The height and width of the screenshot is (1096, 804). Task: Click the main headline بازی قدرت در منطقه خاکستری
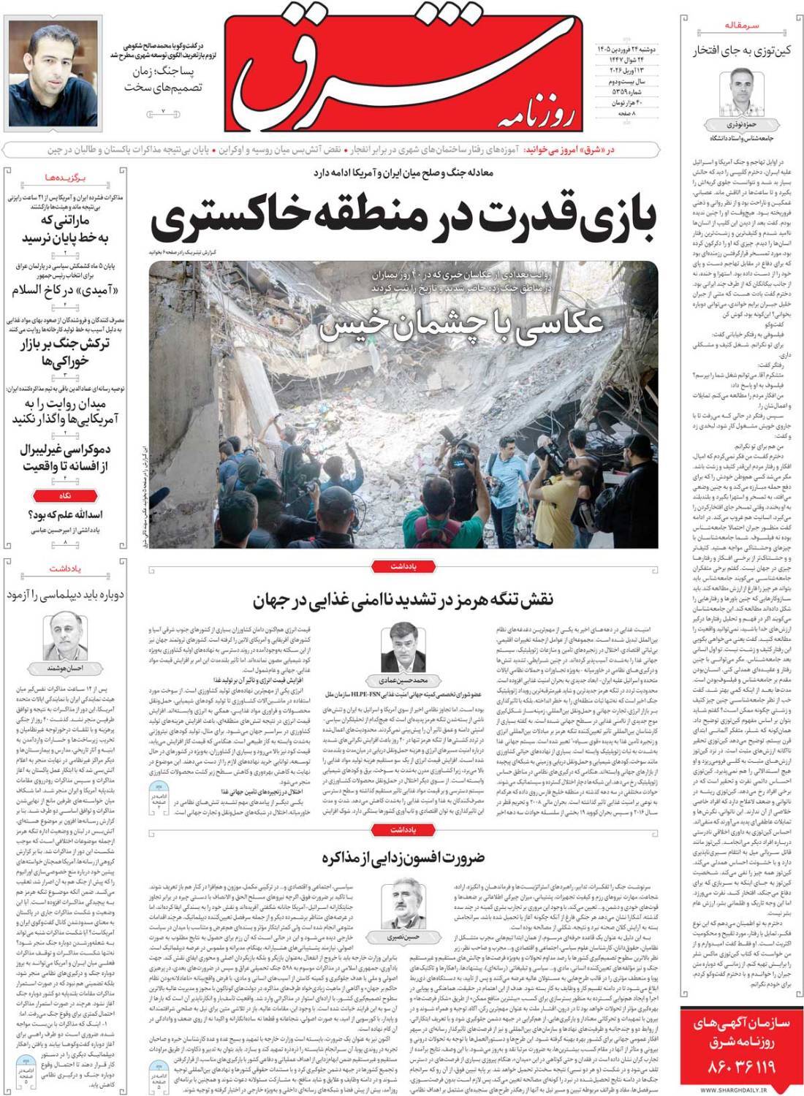[x=406, y=216]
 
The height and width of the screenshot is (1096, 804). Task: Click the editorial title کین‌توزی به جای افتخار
[x=740, y=50]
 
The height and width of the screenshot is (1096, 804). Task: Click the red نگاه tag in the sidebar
[x=65, y=495]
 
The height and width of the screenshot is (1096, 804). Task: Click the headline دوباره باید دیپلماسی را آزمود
[x=66, y=595]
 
